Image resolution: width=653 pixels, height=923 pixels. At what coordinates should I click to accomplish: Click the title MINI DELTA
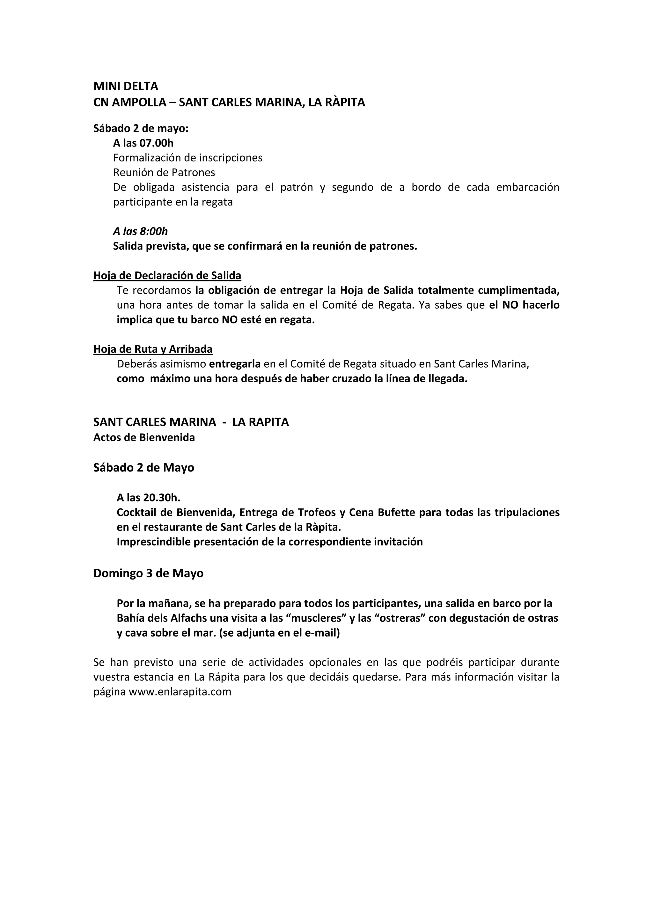point(126,86)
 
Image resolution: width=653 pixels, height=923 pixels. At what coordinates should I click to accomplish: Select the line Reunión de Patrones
point(164,172)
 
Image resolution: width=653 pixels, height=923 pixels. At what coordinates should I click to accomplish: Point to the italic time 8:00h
point(154,231)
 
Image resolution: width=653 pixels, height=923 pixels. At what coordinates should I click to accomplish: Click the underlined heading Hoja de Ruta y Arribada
point(153,349)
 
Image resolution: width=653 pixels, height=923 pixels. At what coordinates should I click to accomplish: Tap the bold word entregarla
point(235,364)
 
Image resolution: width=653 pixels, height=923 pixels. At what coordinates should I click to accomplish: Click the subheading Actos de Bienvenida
point(144,437)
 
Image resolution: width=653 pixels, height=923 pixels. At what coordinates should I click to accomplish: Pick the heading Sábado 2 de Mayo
point(143,467)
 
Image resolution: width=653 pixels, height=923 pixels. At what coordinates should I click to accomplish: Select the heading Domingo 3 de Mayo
point(148,573)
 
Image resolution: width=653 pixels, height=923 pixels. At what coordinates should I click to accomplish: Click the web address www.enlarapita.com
point(180,692)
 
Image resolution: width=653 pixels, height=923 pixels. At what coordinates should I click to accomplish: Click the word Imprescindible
point(154,542)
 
